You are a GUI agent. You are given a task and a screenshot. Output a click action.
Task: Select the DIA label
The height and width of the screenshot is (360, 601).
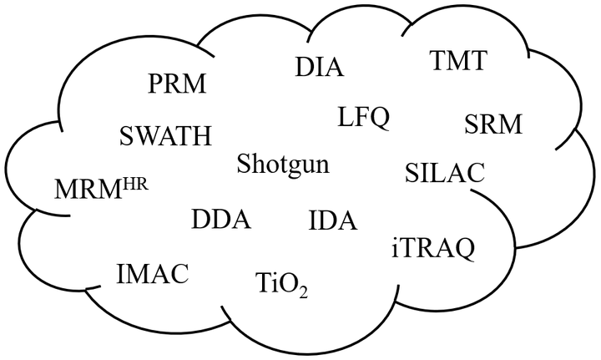coord(320,67)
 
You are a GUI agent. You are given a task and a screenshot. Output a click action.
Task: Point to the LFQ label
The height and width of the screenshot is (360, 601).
coord(364,117)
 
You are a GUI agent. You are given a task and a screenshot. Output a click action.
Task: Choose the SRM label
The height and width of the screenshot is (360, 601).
coord(492,125)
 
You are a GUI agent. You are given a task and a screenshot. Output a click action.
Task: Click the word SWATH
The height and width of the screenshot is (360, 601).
coord(165,135)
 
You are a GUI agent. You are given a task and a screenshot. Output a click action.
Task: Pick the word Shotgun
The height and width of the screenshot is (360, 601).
coord(282,164)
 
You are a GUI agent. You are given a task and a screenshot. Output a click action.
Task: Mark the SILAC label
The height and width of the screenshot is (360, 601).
coord(444,173)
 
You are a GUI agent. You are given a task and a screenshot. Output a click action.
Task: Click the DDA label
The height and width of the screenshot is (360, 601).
coord(220,221)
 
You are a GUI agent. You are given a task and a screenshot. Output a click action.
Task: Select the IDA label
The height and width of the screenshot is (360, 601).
coord(332,221)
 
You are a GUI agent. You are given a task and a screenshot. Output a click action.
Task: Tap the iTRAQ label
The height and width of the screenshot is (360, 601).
coord(432,247)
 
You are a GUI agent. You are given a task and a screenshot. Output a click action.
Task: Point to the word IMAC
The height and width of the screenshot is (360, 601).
coord(153,272)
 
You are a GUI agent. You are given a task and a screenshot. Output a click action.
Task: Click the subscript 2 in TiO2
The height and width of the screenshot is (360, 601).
coord(304,292)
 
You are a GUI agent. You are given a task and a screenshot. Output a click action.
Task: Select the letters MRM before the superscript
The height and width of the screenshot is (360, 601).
coord(87,189)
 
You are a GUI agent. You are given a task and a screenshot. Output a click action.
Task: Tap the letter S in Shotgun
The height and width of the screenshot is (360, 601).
coord(242,164)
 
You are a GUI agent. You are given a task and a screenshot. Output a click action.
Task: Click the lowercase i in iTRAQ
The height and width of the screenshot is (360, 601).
coord(394,247)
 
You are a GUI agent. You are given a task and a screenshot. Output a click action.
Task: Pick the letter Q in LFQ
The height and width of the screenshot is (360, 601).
coord(380,118)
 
